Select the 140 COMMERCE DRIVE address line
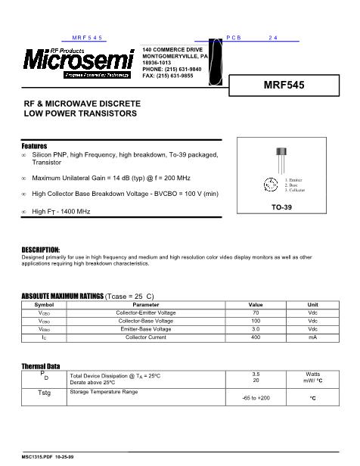[x=173, y=49]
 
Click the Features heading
[x=34, y=145]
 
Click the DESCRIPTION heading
[x=40, y=250]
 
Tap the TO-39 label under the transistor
[x=282, y=207]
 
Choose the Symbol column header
[x=45, y=304]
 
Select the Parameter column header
[x=146, y=304]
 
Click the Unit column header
[x=312, y=304]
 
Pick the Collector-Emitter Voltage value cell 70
[x=256, y=312]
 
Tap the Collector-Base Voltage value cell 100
[x=256, y=321]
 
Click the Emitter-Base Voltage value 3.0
[x=256, y=329]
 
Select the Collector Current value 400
[x=256, y=337]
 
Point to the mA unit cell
[x=312, y=337]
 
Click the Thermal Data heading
[x=40, y=366]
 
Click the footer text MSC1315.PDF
[x=36, y=458]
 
